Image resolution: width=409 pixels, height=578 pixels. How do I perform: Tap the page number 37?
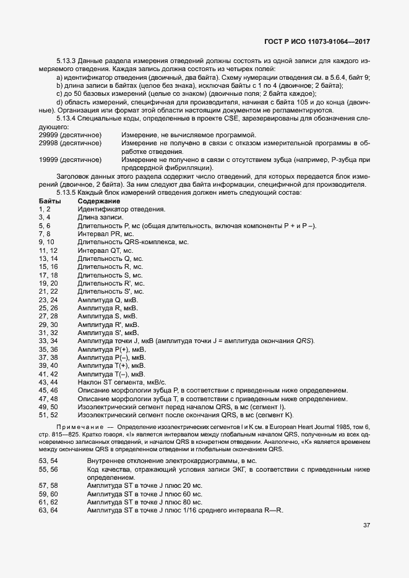tap(366, 525)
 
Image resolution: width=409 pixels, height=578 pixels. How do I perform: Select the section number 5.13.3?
tap(66, 61)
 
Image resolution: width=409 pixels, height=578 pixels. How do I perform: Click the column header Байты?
tap(50, 202)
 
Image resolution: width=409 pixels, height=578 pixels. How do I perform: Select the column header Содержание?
tap(98, 202)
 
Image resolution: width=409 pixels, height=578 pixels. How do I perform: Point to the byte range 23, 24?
tap(48, 299)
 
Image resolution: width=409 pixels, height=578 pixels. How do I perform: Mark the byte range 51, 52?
tap(48, 414)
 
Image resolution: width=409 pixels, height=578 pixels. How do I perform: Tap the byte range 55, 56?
tap(48, 470)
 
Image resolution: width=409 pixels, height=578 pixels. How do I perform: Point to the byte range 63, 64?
tap(48, 511)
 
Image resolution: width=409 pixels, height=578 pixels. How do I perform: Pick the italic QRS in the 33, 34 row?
tap(304, 341)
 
